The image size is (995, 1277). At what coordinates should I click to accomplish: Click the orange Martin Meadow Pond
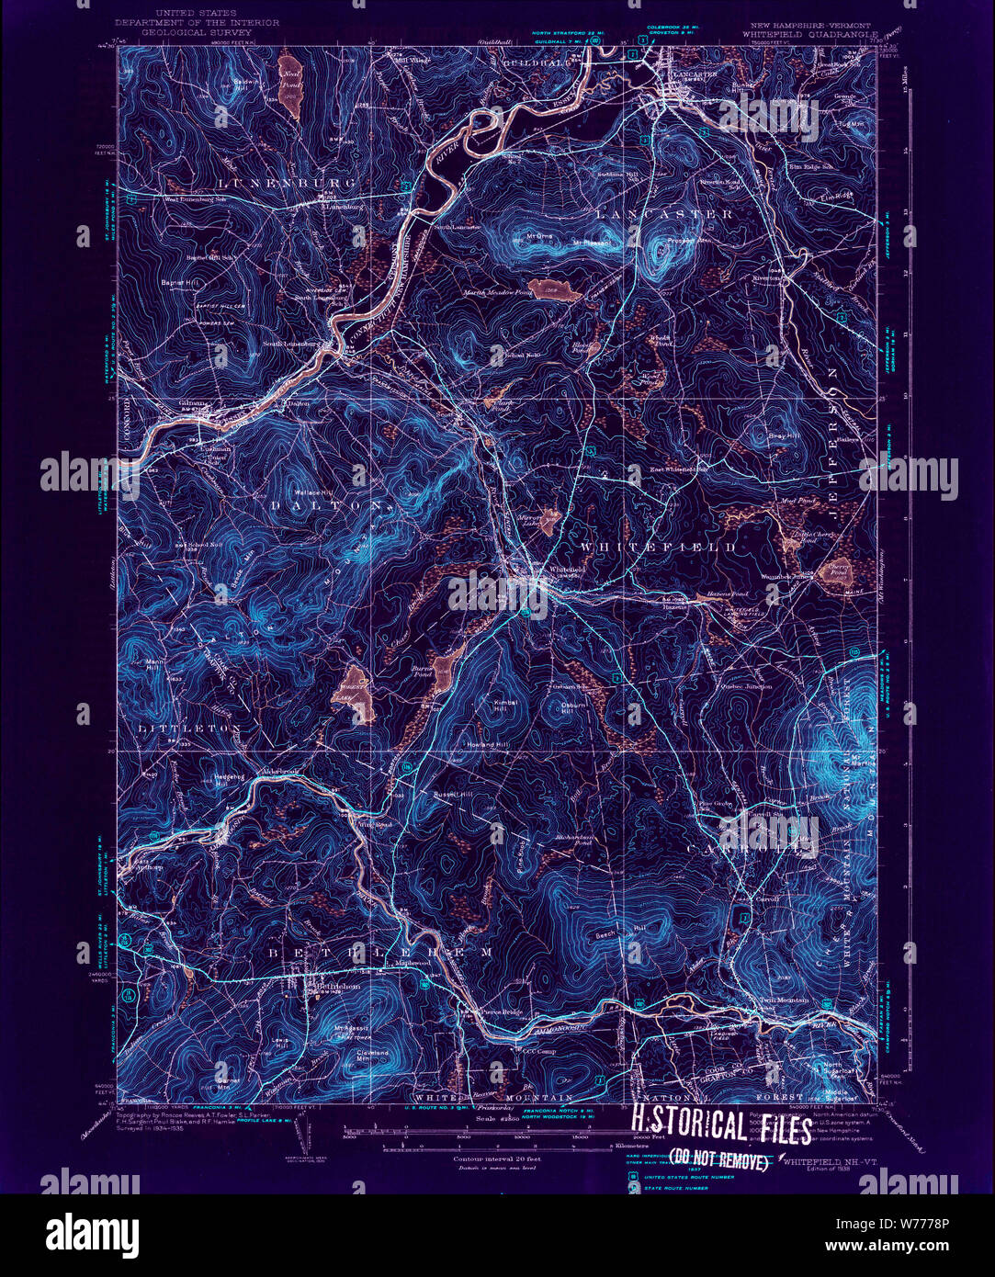[x=555, y=290]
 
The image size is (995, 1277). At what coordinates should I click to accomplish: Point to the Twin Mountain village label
[x=784, y=1000]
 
